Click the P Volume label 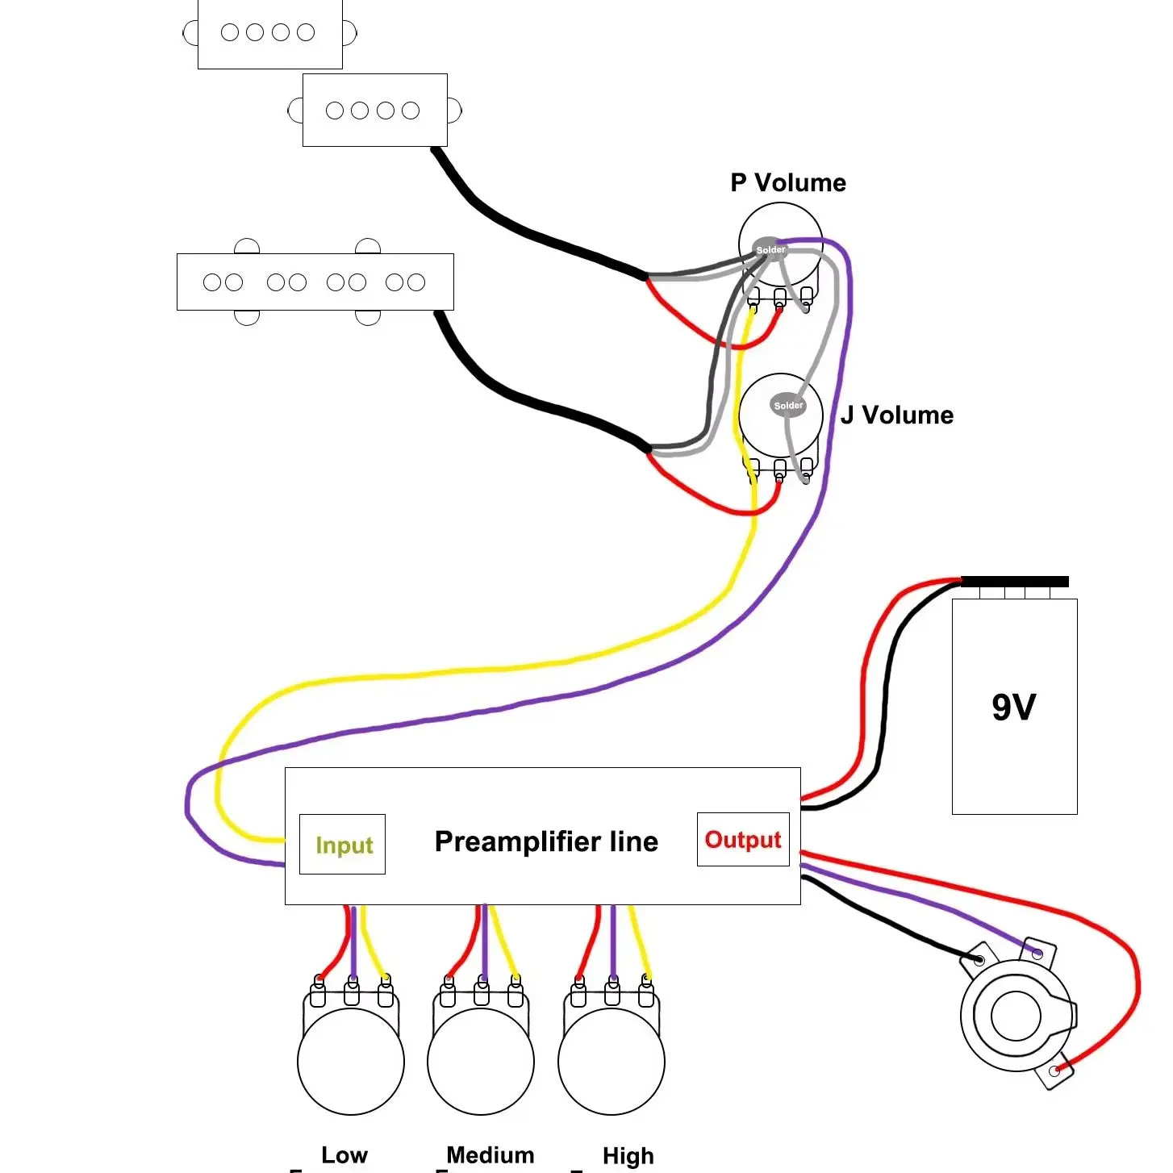787,182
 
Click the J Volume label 896,415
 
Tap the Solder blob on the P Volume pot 770,249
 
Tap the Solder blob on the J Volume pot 787,405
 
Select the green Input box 342,844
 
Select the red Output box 743,839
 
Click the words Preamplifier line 546,841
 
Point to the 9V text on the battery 1013,707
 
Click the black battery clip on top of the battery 1015,582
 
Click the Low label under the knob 344,1154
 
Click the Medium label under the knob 490,1154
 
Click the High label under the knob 628,1155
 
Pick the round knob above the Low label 351,1062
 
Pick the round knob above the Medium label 481,1062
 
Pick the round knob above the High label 612,1062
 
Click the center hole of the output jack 1016,1016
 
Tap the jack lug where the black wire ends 979,961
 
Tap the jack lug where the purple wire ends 1037,954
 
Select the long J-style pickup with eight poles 315,282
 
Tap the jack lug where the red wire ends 1055,1070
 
